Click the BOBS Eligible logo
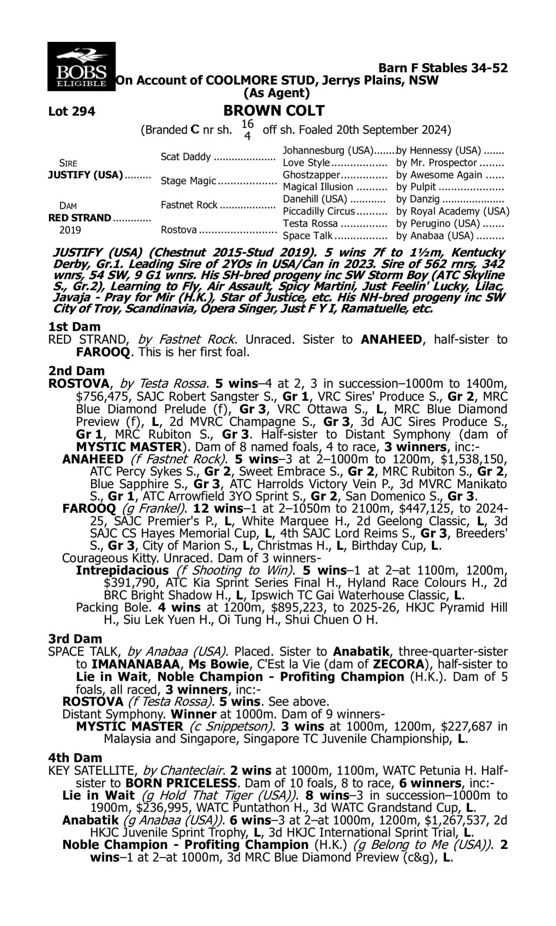pos(81,67)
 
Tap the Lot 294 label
pos(72,111)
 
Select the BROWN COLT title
pos(274,111)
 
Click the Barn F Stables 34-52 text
pos(443,68)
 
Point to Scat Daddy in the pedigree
pos(185,157)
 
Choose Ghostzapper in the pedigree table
pos(311,175)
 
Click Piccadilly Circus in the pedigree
pos(318,211)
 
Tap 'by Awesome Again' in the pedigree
pos(439,175)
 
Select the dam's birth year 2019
pos(70,230)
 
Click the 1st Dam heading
pos(74,327)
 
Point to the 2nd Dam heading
pos(76,370)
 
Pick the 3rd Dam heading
pos(75,639)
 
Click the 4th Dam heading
pos(75,757)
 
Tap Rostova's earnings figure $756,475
pos(100,396)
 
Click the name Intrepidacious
pos(122,570)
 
